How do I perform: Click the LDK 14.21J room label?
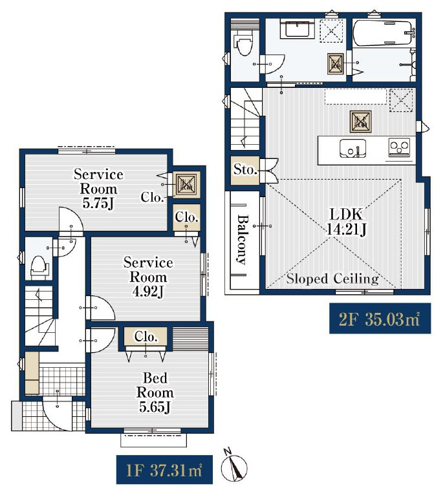[x=346, y=222]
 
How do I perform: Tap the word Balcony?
[x=243, y=239]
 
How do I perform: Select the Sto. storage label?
[x=245, y=170]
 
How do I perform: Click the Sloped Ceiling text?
[x=332, y=279]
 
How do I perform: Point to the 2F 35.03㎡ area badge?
[x=380, y=319]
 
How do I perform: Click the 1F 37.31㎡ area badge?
[x=164, y=470]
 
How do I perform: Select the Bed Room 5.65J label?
[x=155, y=392]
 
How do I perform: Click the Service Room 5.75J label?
[x=98, y=189]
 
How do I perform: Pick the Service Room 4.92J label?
[x=148, y=277]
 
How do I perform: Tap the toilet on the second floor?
[x=244, y=43]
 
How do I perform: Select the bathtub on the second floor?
[x=384, y=33]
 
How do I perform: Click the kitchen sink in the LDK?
[x=353, y=149]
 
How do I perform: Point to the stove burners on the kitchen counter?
[x=399, y=147]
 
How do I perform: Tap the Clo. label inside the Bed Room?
[x=146, y=337]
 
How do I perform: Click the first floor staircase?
[x=40, y=315]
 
